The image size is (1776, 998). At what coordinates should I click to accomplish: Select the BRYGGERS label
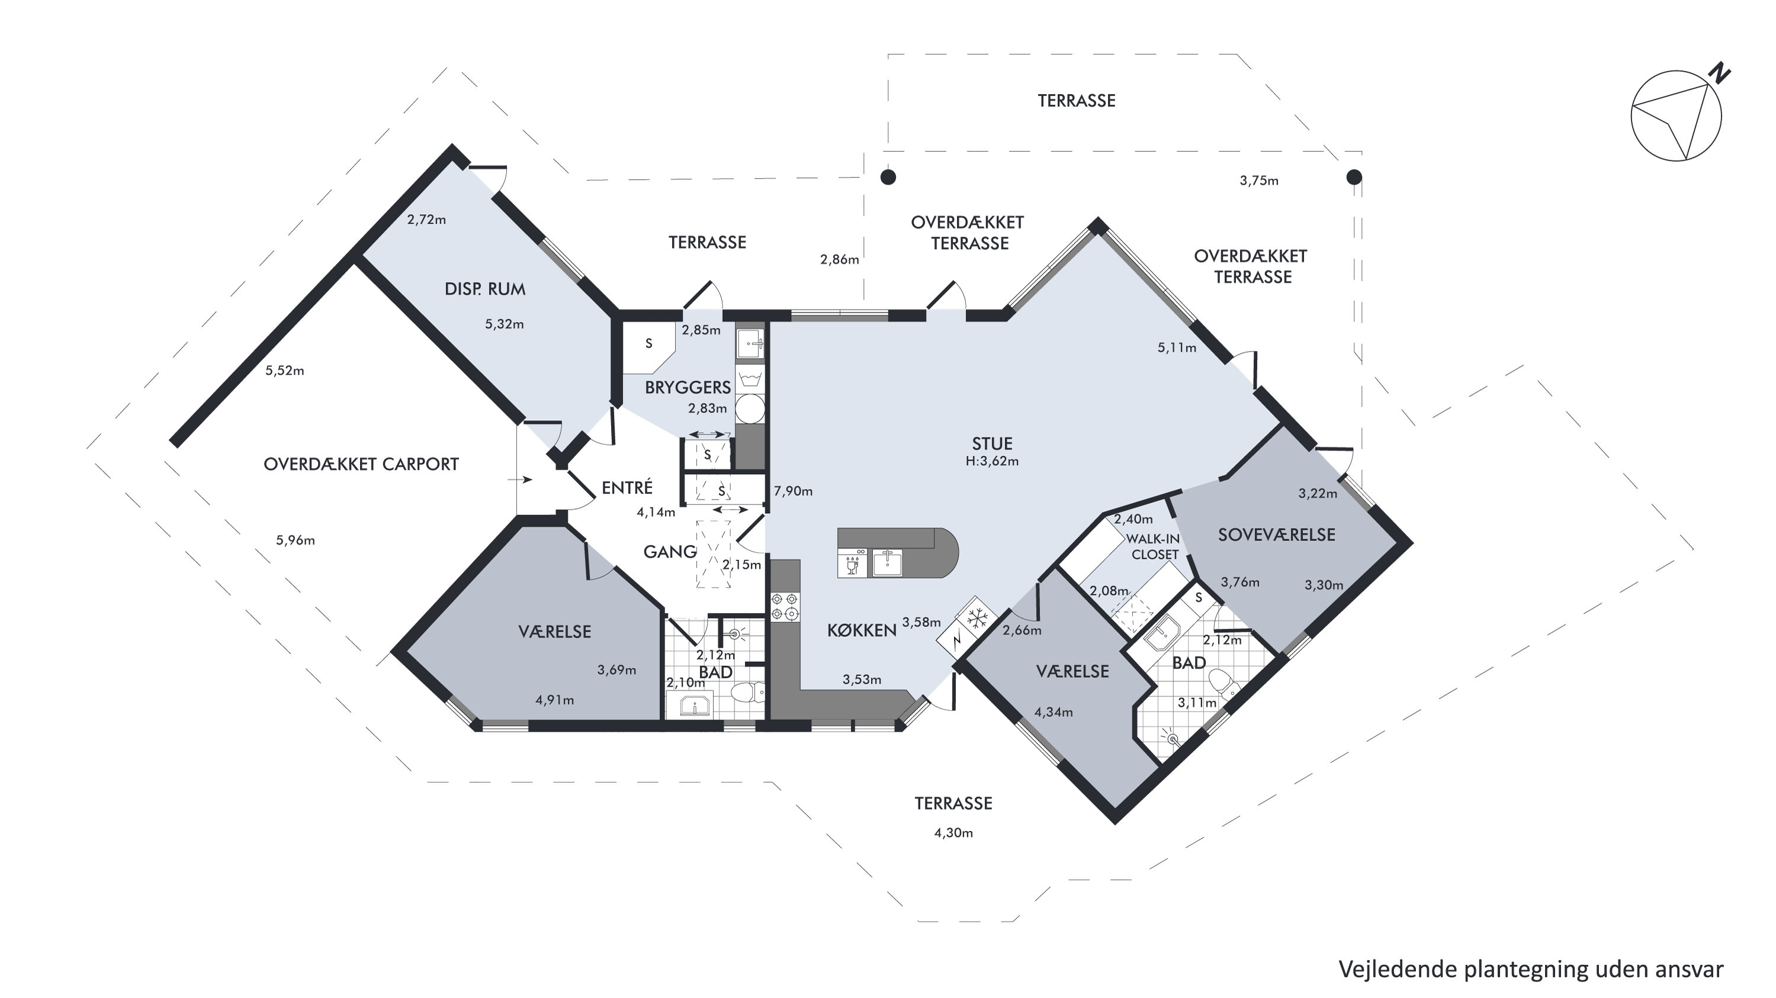click(688, 387)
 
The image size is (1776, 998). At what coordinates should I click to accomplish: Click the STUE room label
click(992, 444)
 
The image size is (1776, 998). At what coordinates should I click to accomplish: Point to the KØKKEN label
click(862, 630)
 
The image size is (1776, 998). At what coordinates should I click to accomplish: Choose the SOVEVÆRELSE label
click(1276, 535)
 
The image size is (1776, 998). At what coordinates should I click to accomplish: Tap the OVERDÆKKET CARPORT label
click(361, 465)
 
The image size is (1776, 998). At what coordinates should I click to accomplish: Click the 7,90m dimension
click(793, 491)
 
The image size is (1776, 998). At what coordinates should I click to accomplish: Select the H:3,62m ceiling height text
click(992, 461)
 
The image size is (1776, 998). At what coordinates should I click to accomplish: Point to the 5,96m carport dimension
click(295, 540)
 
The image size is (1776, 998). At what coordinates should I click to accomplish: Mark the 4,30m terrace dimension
click(953, 833)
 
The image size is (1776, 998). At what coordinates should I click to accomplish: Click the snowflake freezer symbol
click(977, 617)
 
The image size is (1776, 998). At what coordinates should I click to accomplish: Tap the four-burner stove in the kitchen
click(785, 606)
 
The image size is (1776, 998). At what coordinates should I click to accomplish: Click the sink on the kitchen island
click(887, 562)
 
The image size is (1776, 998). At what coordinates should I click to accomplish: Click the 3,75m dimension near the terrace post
click(1259, 181)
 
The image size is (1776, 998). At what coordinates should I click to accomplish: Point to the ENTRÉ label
click(627, 488)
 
